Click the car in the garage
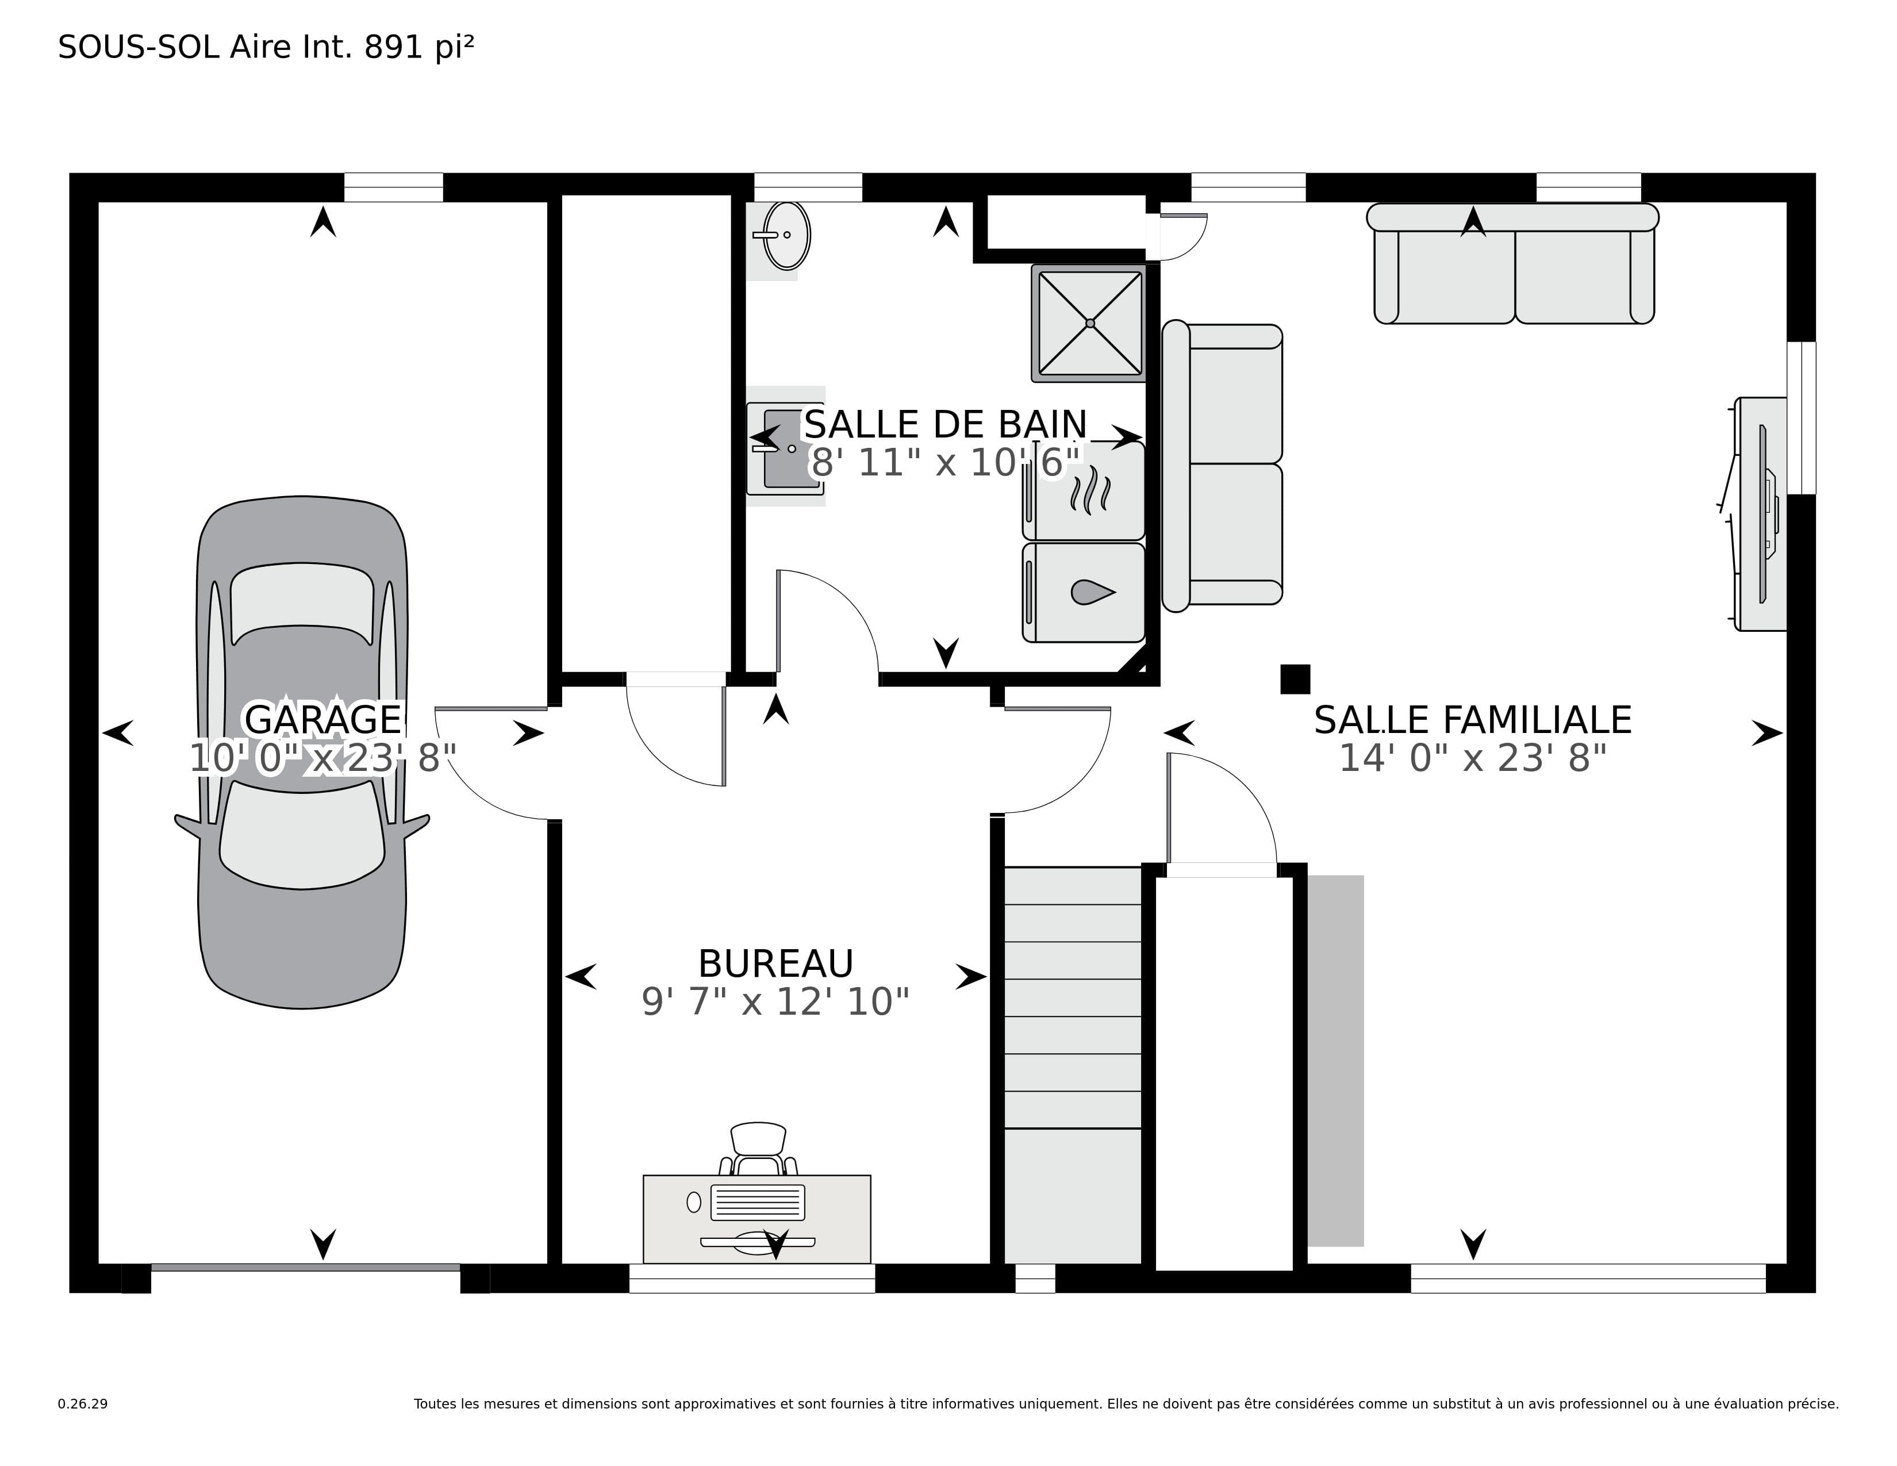pos(301,752)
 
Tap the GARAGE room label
pos(323,719)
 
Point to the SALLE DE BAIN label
pos(945,425)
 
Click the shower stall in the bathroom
pos(1089,323)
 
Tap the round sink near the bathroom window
pos(786,235)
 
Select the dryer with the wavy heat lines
pos(1084,491)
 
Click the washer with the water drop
pos(1084,592)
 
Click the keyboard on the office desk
pos(758,1202)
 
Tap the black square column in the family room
pos(1295,679)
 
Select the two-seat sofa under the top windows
pos(1513,263)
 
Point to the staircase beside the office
pos(1073,1065)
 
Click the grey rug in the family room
pos(1336,1061)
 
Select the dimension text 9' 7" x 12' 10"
pos(775,1001)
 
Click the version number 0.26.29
pos(83,1403)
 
